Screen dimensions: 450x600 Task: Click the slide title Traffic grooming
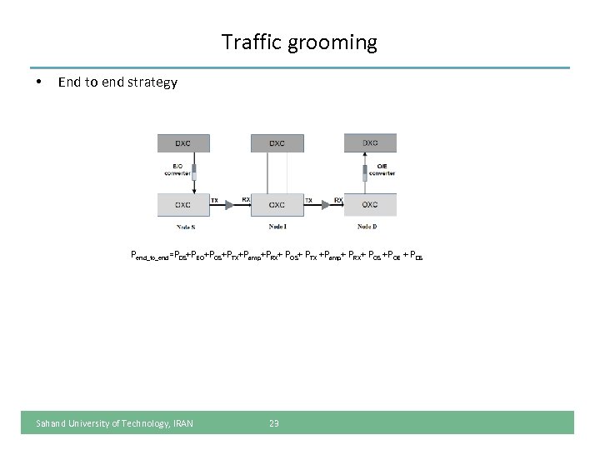tap(299, 42)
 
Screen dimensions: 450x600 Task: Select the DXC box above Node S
tap(183, 143)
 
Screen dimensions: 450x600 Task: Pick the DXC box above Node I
tap(277, 143)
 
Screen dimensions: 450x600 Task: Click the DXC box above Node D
tap(370, 142)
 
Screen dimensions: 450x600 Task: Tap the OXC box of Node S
tap(183, 204)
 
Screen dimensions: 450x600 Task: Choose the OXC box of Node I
tap(277, 204)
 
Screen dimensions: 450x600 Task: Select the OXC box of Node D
tap(370, 204)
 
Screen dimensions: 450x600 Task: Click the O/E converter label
tap(385, 171)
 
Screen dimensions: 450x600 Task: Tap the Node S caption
tap(185, 227)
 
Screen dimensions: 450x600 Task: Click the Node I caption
tap(277, 227)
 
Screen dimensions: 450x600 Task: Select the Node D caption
tap(367, 227)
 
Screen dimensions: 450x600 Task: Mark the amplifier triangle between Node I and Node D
tap(323, 205)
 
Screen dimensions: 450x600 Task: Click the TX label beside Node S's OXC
tap(215, 200)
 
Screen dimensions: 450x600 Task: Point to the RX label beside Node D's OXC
tap(338, 200)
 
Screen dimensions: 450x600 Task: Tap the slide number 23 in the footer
tap(274, 423)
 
